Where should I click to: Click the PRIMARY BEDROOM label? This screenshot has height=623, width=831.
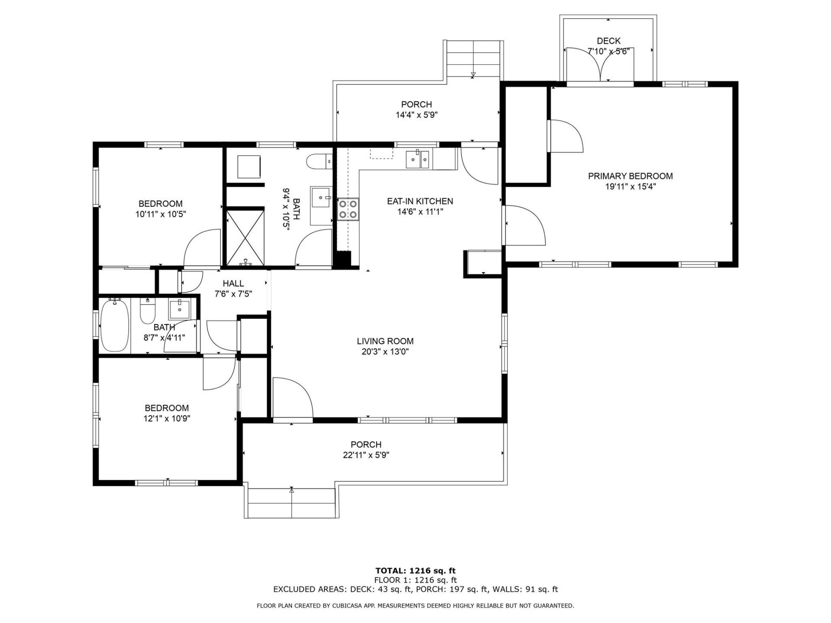tap(630, 176)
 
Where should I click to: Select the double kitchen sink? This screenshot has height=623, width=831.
tap(418, 160)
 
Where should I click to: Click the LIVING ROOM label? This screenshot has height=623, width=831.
tap(385, 341)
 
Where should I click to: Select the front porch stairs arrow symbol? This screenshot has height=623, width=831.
tap(292, 491)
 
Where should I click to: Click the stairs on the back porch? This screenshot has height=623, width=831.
tap(473, 58)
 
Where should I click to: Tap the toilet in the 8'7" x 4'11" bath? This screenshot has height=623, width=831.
tap(148, 311)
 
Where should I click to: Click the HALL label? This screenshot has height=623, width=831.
tap(233, 284)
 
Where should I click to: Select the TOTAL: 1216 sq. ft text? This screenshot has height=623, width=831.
tap(415, 571)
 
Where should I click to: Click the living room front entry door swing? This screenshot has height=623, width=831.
tap(292, 398)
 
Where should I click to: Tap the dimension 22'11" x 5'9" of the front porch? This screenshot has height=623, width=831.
tap(367, 455)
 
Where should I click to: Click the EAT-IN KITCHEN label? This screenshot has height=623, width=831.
tap(420, 201)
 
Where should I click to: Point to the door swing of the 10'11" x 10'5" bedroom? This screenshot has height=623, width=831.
tap(203, 249)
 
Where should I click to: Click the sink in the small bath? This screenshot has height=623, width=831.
tap(179, 308)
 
